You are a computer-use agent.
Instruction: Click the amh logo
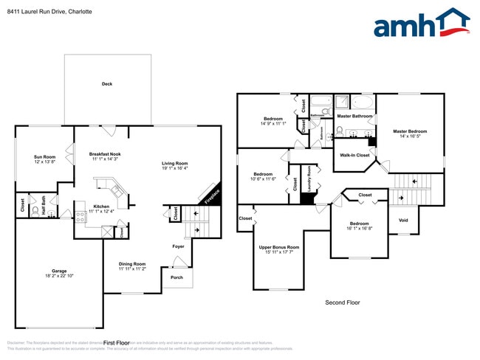pos(421,24)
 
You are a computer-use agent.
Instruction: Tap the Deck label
pos(107,84)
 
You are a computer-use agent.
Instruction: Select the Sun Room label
pos(44,157)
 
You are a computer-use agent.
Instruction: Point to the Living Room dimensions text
pos(175,168)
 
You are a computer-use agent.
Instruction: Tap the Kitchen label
pos(101,206)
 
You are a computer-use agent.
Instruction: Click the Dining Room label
pos(133,263)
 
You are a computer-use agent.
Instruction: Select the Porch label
pos(176,277)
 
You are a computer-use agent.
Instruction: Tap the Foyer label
pos(179,246)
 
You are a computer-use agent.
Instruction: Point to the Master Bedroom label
pos(410,131)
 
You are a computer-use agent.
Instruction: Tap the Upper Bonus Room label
pos(278,247)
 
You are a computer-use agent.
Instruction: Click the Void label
pos(403,220)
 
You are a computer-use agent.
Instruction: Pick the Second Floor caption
pos(342,302)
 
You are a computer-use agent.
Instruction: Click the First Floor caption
pos(117,343)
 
